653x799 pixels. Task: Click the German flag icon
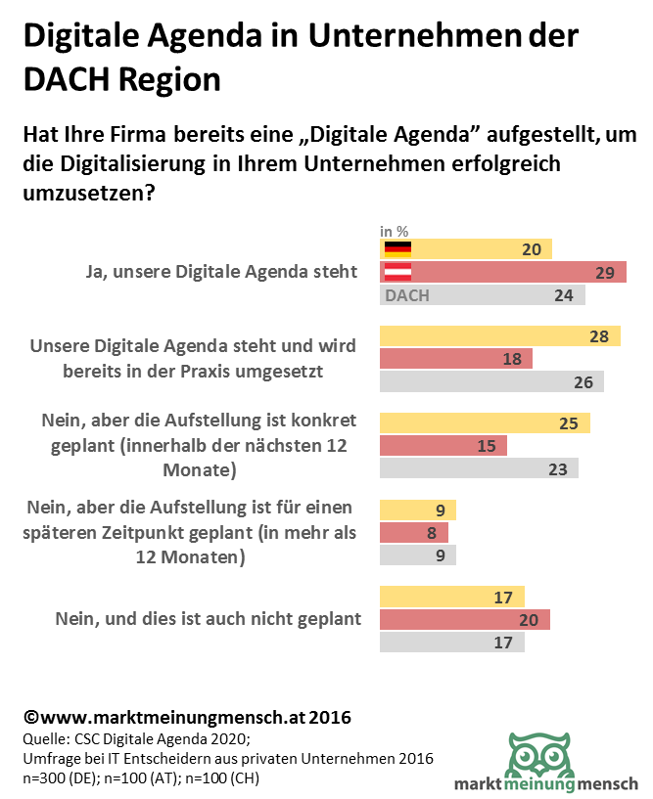[397, 249]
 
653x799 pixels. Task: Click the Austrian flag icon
[397, 273]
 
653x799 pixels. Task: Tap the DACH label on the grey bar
[407, 295]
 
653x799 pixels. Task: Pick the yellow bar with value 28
[499, 336]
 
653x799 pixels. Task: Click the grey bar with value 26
[491, 381]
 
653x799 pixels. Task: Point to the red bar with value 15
[443, 446]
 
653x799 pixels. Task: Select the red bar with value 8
[413, 533]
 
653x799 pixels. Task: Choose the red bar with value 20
[464, 619]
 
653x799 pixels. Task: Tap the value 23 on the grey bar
[558, 468]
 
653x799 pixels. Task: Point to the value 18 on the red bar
[511, 359]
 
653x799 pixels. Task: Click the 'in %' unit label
[394, 232]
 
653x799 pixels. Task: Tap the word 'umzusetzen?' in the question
[89, 193]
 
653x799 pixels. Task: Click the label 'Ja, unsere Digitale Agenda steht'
[221, 272]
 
